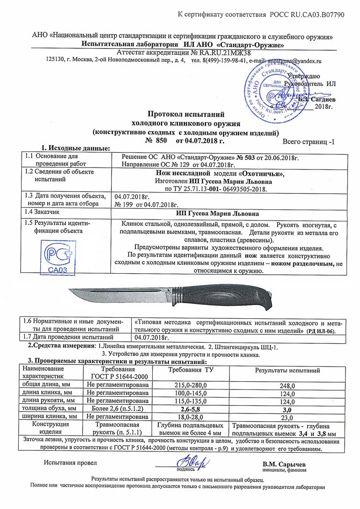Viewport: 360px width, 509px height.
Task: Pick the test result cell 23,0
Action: point(286,417)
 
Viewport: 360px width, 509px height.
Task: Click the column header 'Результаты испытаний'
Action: point(287,371)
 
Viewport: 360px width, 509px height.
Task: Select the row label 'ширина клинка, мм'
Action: point(48,416)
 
